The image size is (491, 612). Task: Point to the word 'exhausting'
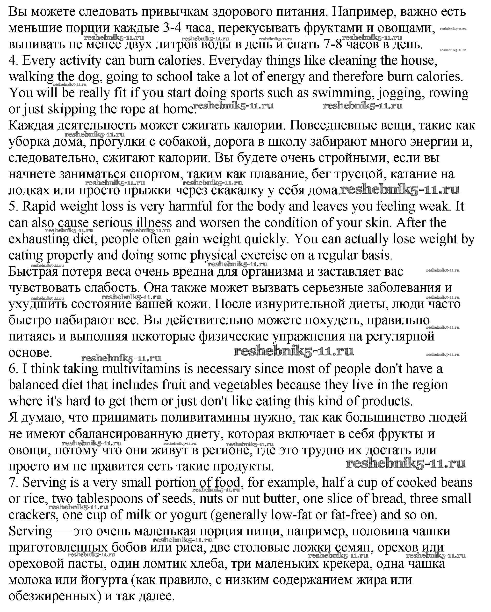tap(39, 239)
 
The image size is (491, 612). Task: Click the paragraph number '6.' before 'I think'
tap(13, 369)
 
